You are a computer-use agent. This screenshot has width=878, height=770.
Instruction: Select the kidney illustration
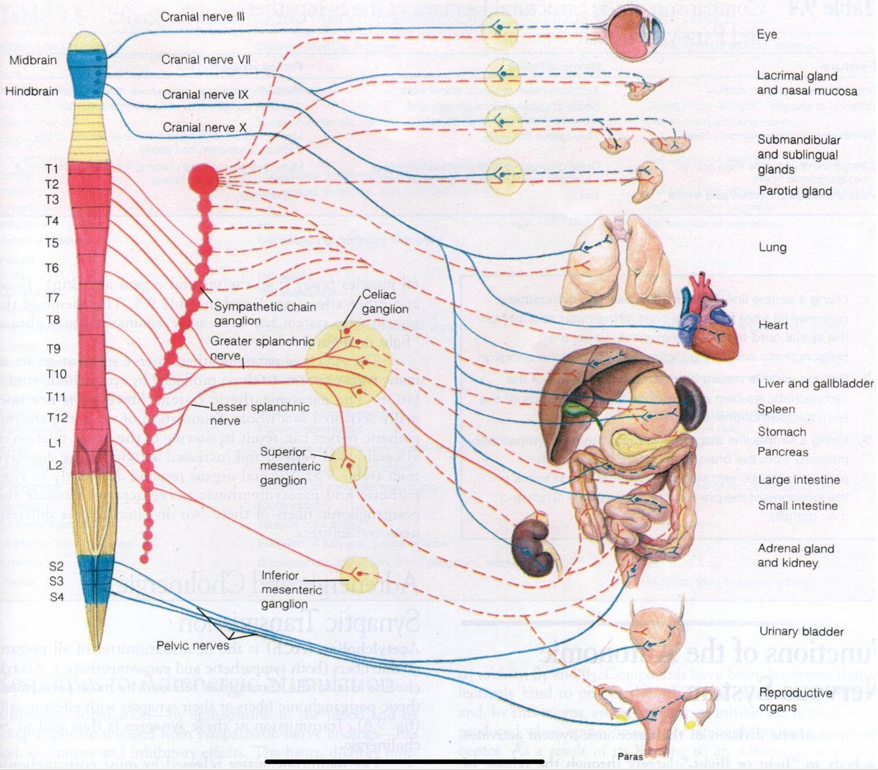(532, 547)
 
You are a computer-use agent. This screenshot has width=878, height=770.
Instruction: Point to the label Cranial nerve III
(202, 16)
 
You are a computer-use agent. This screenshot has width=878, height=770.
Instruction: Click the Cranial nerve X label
(204, 128)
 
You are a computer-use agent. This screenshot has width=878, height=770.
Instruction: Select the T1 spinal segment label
(53, 169)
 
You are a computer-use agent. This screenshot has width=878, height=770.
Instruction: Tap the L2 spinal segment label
(54, 465)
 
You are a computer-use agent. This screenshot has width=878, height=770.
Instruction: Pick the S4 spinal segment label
(57, 597)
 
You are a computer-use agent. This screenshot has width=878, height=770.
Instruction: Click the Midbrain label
(33, 60)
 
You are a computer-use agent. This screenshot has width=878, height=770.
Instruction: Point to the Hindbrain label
(32, 91)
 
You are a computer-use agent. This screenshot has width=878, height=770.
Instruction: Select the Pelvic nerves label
(193, 646)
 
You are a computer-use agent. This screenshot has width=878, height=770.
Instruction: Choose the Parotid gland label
(795, 192)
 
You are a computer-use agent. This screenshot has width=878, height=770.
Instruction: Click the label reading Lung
(772, 247)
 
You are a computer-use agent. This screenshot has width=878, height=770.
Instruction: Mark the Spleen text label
(776, 409)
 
